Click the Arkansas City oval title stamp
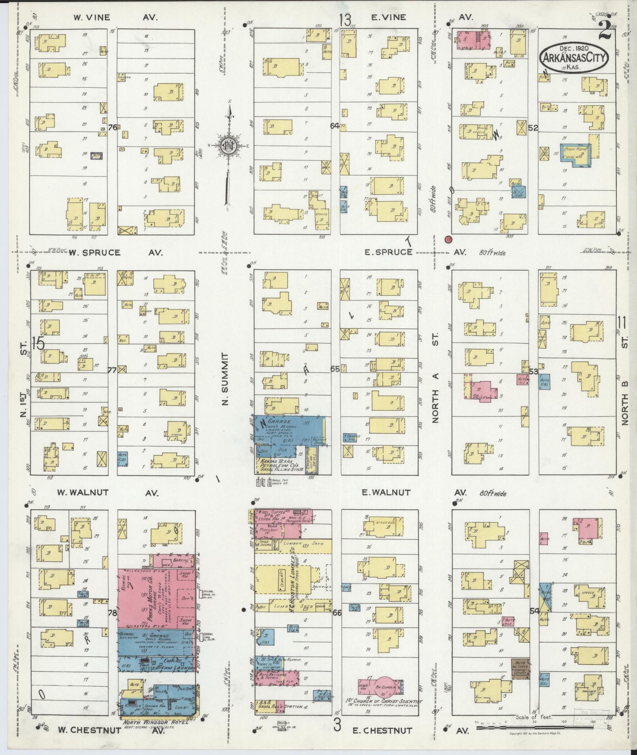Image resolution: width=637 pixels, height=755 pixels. [x=574, y=58]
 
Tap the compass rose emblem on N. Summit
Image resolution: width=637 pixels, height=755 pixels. [x=228, y=145]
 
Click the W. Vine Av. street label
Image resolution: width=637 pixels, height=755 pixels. [x=115, y=17]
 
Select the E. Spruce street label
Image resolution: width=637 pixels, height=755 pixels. [x=389, y=252]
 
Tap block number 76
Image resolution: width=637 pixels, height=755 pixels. [x=113, y=127]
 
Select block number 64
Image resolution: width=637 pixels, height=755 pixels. [x=335, y=126]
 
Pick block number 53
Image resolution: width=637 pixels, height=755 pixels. [x=534, y=371]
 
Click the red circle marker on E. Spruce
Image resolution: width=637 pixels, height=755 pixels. [x=448, y=239]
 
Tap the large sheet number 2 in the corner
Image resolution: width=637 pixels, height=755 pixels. [x=605, y=31]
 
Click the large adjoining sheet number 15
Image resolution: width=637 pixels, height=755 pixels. [x=38, y=343]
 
